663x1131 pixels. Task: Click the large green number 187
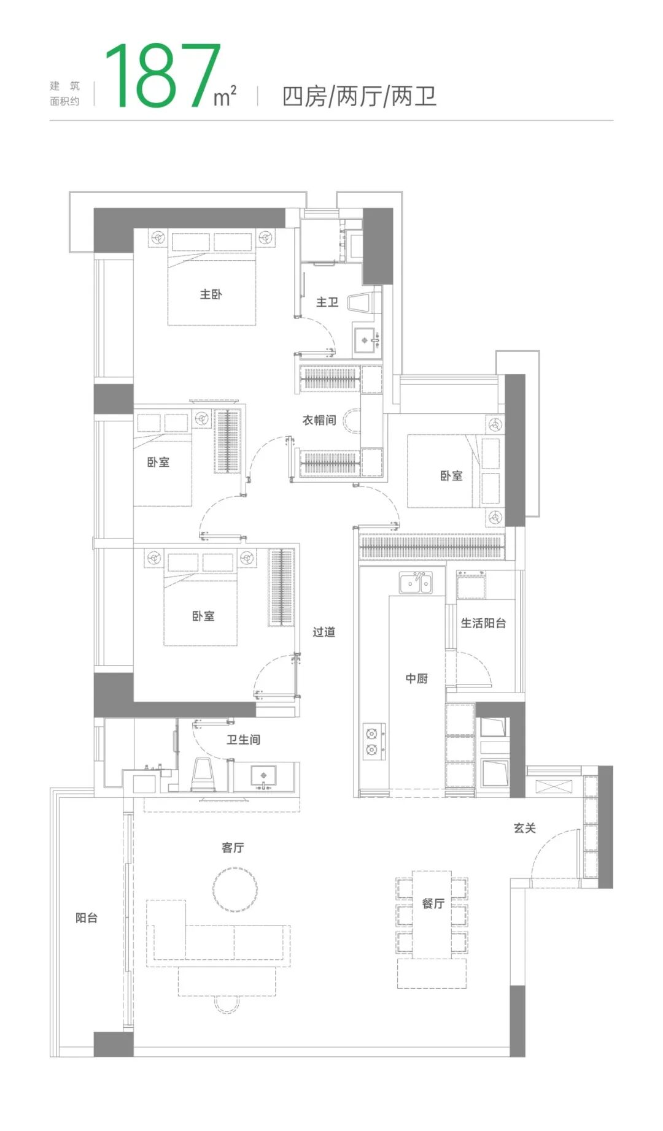pyautogui.click(x=163, y=77)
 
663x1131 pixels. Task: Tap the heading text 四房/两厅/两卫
pyautogui.click(x=359, y=97)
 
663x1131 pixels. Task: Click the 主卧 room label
pyautogui.click(x=211, y=294)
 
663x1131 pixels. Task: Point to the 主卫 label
pyautogui.click(x=327, y=302)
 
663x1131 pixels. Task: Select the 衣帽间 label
pyautogui.click(x=319, y=420)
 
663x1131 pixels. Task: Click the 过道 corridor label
pyautogui.click(x=324, y=632)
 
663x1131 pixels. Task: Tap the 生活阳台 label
pyautogui.click(x=484, y=623)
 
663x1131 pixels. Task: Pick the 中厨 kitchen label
pyautogui.click(x=416, y=678)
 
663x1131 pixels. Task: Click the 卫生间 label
pyautogui.click(x=243, y=740)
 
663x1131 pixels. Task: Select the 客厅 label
pyautogui.click(x=233, y=848)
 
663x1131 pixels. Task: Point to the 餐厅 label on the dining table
pyautogui.click(x=433, y=903)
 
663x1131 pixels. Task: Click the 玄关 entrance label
pyautogui.click(x=525, y=828)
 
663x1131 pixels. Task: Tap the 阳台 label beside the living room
pyautogui.click(x=87, y=918)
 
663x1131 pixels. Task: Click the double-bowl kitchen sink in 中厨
pyautogui.click(x=416, y=583)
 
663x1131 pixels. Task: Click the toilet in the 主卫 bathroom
pyautogui.click(x=362, y=302)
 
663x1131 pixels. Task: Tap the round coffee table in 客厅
pyautogui.click(x=235, y=889)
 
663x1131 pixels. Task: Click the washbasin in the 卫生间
pyautogui.click(x=264, y=775)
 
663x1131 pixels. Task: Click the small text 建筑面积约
pyautogui.click(x=65, y=94)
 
